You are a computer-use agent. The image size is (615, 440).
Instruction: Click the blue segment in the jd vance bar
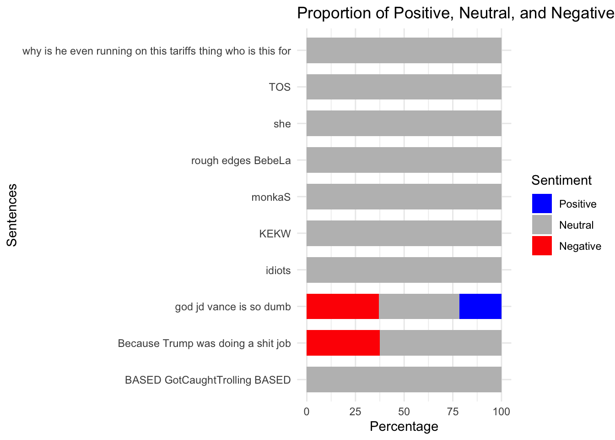[x=480, y=306]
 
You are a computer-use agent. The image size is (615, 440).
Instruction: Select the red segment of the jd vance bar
[x=342, y=306]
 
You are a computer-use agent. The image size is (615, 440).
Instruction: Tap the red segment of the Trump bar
[x=343, y=343]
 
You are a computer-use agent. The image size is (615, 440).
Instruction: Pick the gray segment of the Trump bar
[x=441, y=343]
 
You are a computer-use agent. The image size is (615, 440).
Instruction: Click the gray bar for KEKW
[x=404, y=233]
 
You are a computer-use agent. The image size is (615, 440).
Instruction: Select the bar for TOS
[x=404, y=87]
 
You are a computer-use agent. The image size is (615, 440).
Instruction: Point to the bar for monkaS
[x=404, y=197]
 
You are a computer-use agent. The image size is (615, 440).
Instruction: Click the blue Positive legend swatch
[x=542, y=203]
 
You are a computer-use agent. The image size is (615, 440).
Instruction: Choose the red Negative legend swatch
[x=542, y=246]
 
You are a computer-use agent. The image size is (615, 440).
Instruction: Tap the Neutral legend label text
[x=576, y=225]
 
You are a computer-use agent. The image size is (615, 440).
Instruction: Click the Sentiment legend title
[x=561, y=180]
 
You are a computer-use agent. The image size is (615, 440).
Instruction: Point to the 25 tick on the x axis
[x=355, y=411]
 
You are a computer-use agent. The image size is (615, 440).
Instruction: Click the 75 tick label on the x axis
[x=453, y=411]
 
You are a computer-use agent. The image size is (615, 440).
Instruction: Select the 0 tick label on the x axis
[x=307, y=411]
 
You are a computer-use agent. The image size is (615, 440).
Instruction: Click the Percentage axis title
[x=404, y=427]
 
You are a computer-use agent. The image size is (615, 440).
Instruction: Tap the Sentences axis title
[x=12, y=215]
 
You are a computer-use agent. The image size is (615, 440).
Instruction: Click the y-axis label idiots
[x=278, y=270]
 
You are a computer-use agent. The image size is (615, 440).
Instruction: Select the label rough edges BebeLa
[x=241, y=160]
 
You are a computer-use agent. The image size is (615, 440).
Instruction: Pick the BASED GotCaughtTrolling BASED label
[x=208, y=380]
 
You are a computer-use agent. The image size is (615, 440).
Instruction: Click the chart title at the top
[x=455, y=13]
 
